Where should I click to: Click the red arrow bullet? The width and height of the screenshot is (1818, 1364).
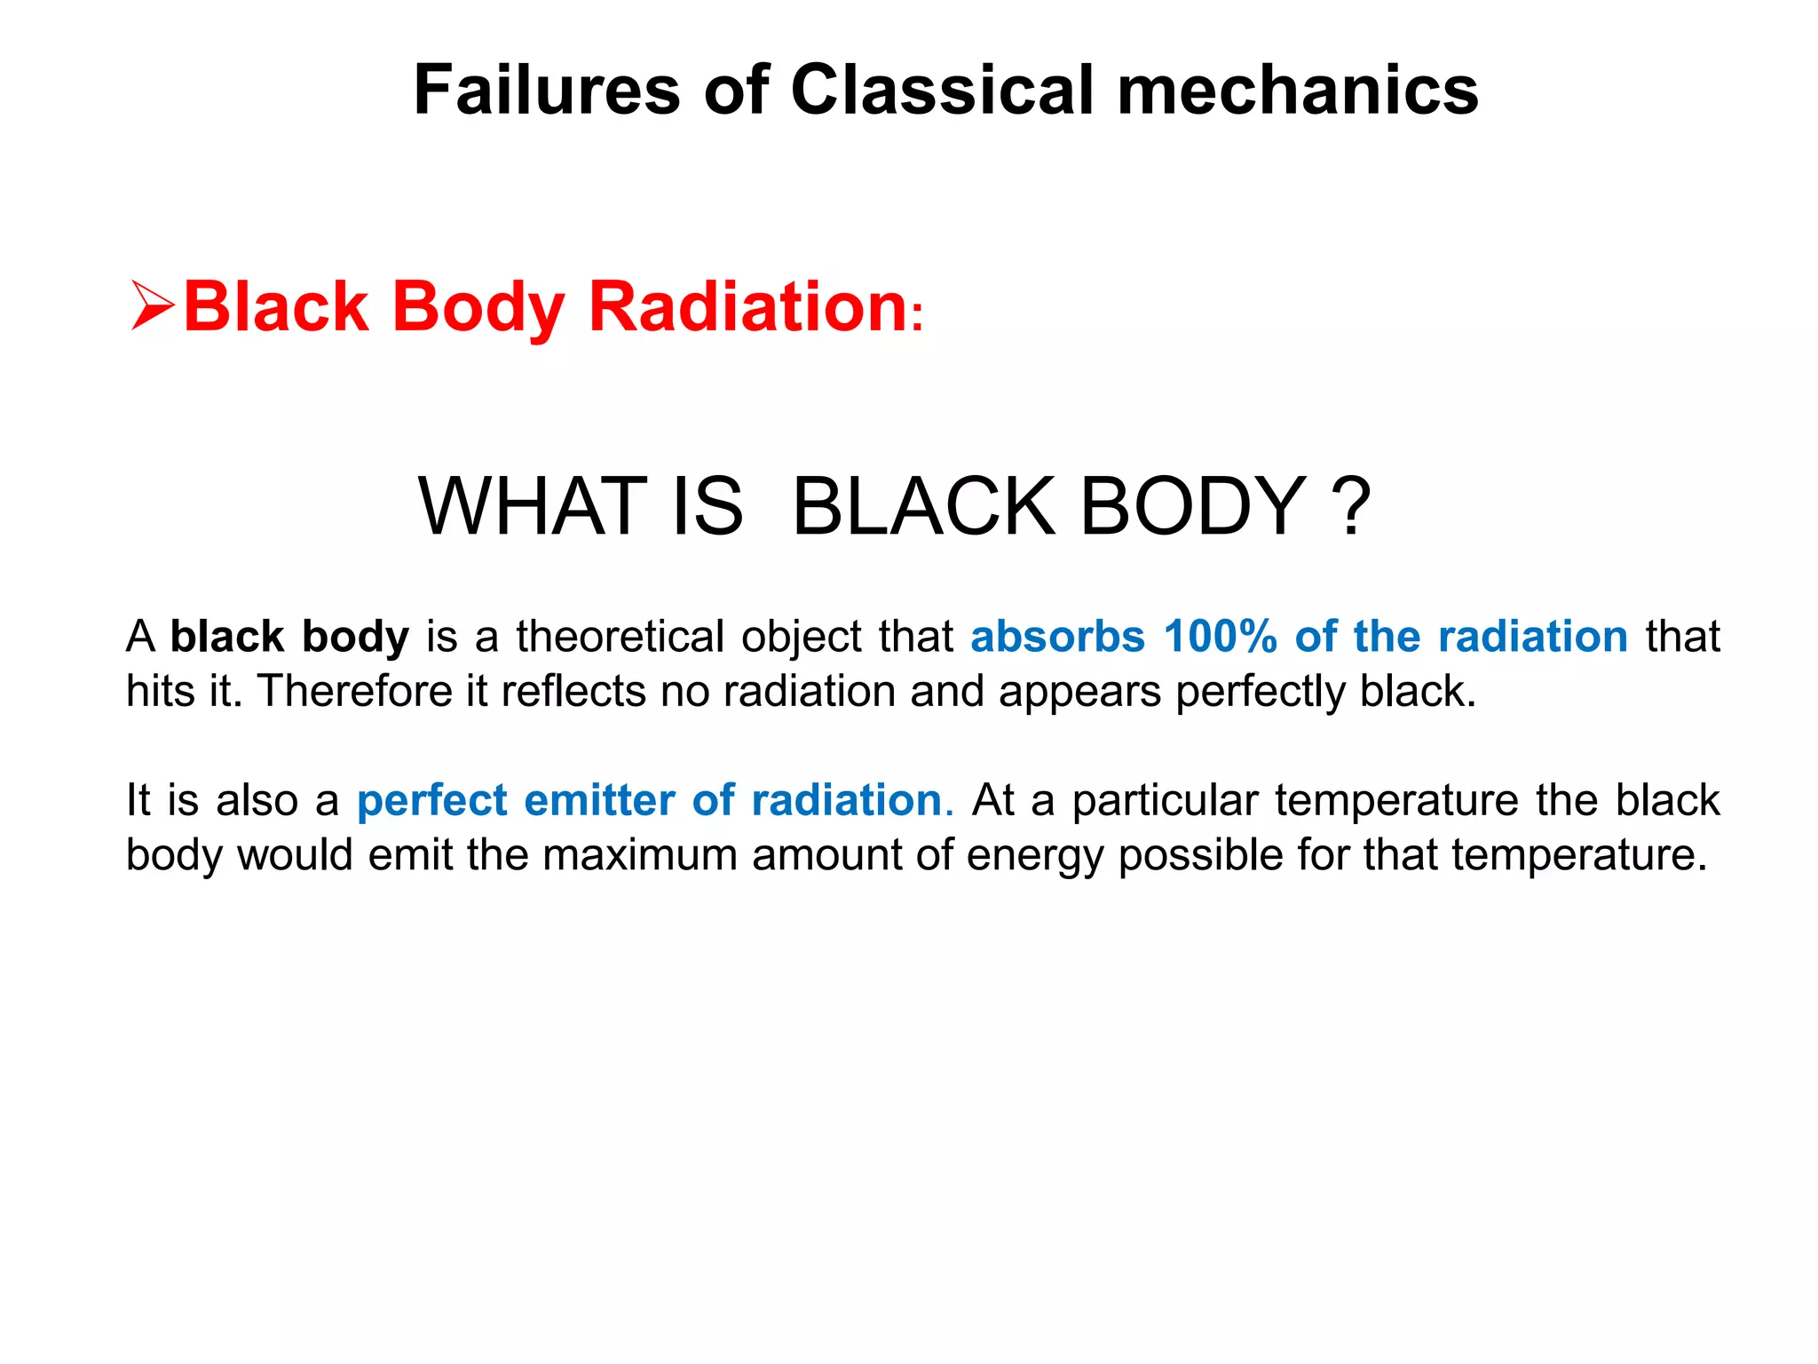[x=152, y=305]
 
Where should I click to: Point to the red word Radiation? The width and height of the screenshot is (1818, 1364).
[x=747, y=306]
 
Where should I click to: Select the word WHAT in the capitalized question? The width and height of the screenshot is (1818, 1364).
[x=533, y=506]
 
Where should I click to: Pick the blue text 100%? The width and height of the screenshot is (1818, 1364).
[x=1220, y=637]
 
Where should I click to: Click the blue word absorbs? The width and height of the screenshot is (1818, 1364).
[x=1057, y=637]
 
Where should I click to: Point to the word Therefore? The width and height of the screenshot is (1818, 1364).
[x=355, y=691]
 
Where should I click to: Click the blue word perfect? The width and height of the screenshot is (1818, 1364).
[x=432, y=800]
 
